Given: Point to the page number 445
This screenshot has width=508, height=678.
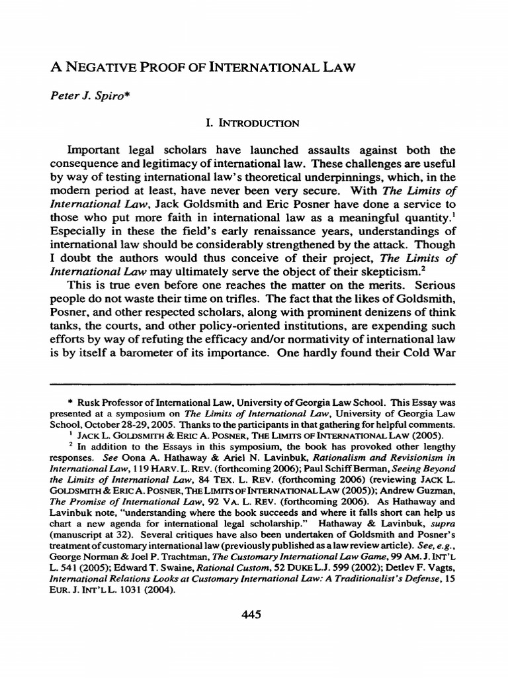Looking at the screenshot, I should pos(253,614).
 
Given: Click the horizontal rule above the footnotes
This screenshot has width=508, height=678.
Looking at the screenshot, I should pos(253,383).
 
